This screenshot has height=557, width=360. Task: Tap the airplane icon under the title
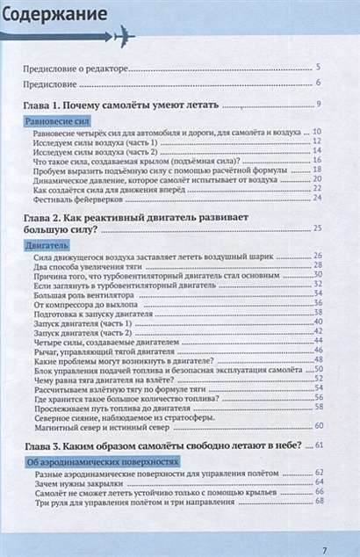(x=120, y=37)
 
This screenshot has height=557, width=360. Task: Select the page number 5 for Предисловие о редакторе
(x=318, y=68)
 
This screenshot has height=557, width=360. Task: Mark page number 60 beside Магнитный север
(x=318, y=426)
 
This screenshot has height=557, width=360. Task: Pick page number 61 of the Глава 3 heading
(x=318, y=446)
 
